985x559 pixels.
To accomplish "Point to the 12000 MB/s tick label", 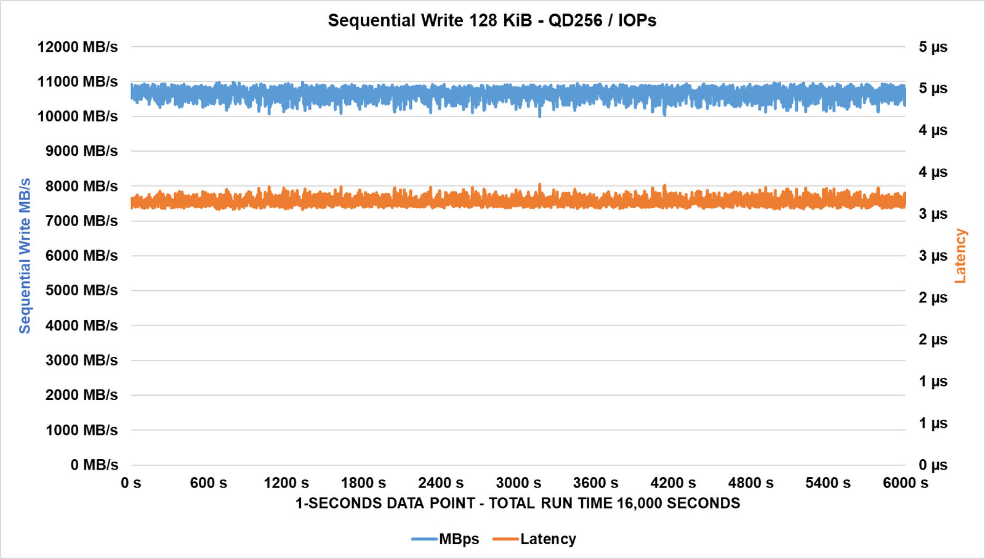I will tap(78, 47).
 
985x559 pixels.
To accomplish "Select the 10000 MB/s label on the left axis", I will tap(78, 116).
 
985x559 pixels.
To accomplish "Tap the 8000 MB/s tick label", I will tap(81, 186).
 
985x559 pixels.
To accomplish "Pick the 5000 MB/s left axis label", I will tap(81, 290).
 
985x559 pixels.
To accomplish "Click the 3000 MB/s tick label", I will tap(81, 360).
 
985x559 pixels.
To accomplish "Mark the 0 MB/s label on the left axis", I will tap(94, 465).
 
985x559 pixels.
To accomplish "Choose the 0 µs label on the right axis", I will tap(933, 465).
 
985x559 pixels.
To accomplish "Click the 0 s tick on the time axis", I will tap(131, 483).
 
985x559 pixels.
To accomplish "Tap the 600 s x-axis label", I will tap(209, 483).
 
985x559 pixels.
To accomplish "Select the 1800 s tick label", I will tap(363, 483).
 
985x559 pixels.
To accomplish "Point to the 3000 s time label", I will tap(518, 483).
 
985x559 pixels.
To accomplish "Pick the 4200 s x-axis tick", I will tap(673, 483).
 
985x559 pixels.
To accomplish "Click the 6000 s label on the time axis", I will tap(905, 483).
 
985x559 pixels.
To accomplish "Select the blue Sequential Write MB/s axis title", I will tap(25, 256).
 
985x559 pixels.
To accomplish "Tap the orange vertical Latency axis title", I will tap(960, 256).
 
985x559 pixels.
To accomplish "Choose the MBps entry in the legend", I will tap(459, 539).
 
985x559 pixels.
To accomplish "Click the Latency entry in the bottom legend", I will tap(548, 539).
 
